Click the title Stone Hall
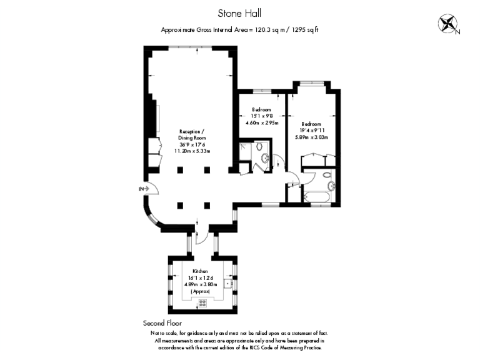pos(239,12)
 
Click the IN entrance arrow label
pos(142,188)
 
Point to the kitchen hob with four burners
pos(202,303)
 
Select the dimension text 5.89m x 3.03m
pos(311,137)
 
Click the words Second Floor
pos(162,323)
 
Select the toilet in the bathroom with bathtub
pos(331,186)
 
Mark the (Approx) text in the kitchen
pos(201,292)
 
